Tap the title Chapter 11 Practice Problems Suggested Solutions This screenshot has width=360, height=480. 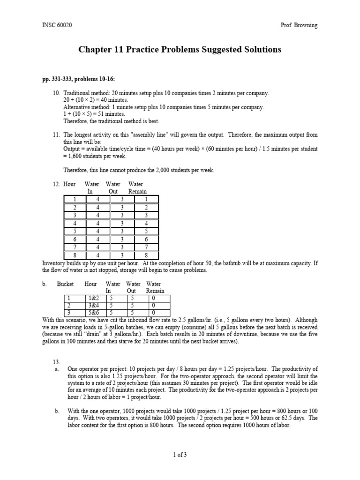180,50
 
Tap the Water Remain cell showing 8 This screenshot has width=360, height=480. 145,255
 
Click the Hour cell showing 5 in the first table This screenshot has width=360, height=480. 75,231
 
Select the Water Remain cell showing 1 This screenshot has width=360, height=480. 145,199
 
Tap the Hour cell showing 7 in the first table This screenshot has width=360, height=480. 75,247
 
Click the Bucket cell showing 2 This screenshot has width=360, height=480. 68,305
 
